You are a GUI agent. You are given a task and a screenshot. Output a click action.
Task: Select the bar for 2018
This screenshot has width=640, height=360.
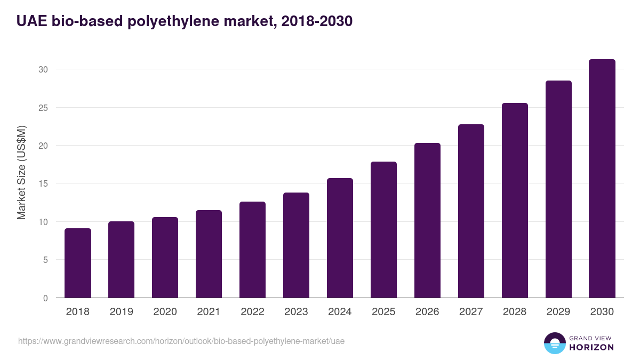tap(78, 263)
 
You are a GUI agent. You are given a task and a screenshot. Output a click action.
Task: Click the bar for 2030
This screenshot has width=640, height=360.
tap(602, 179)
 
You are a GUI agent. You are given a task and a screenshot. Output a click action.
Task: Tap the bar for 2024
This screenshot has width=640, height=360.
tap(340, 238)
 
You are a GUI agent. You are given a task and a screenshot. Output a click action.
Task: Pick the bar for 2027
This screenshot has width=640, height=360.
tap(471, 211)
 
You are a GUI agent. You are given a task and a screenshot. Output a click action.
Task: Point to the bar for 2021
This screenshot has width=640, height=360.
tap(209, 254)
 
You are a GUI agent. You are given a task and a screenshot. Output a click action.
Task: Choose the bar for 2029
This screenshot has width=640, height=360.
tap(558, 189)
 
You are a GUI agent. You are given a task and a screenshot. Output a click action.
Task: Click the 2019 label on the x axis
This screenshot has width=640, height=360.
tap(122, 311)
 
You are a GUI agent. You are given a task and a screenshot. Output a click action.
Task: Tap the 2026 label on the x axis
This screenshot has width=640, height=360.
tap(427, 311)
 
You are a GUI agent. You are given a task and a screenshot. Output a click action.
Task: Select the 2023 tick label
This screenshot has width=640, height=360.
tap(296, 311)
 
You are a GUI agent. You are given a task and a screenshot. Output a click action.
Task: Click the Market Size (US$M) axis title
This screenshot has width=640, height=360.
tap(21, 172)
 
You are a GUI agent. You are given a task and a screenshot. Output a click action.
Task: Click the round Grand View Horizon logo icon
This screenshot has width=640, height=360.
tap(554, 343)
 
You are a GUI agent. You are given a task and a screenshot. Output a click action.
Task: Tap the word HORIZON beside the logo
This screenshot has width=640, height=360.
tap(591, 347)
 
